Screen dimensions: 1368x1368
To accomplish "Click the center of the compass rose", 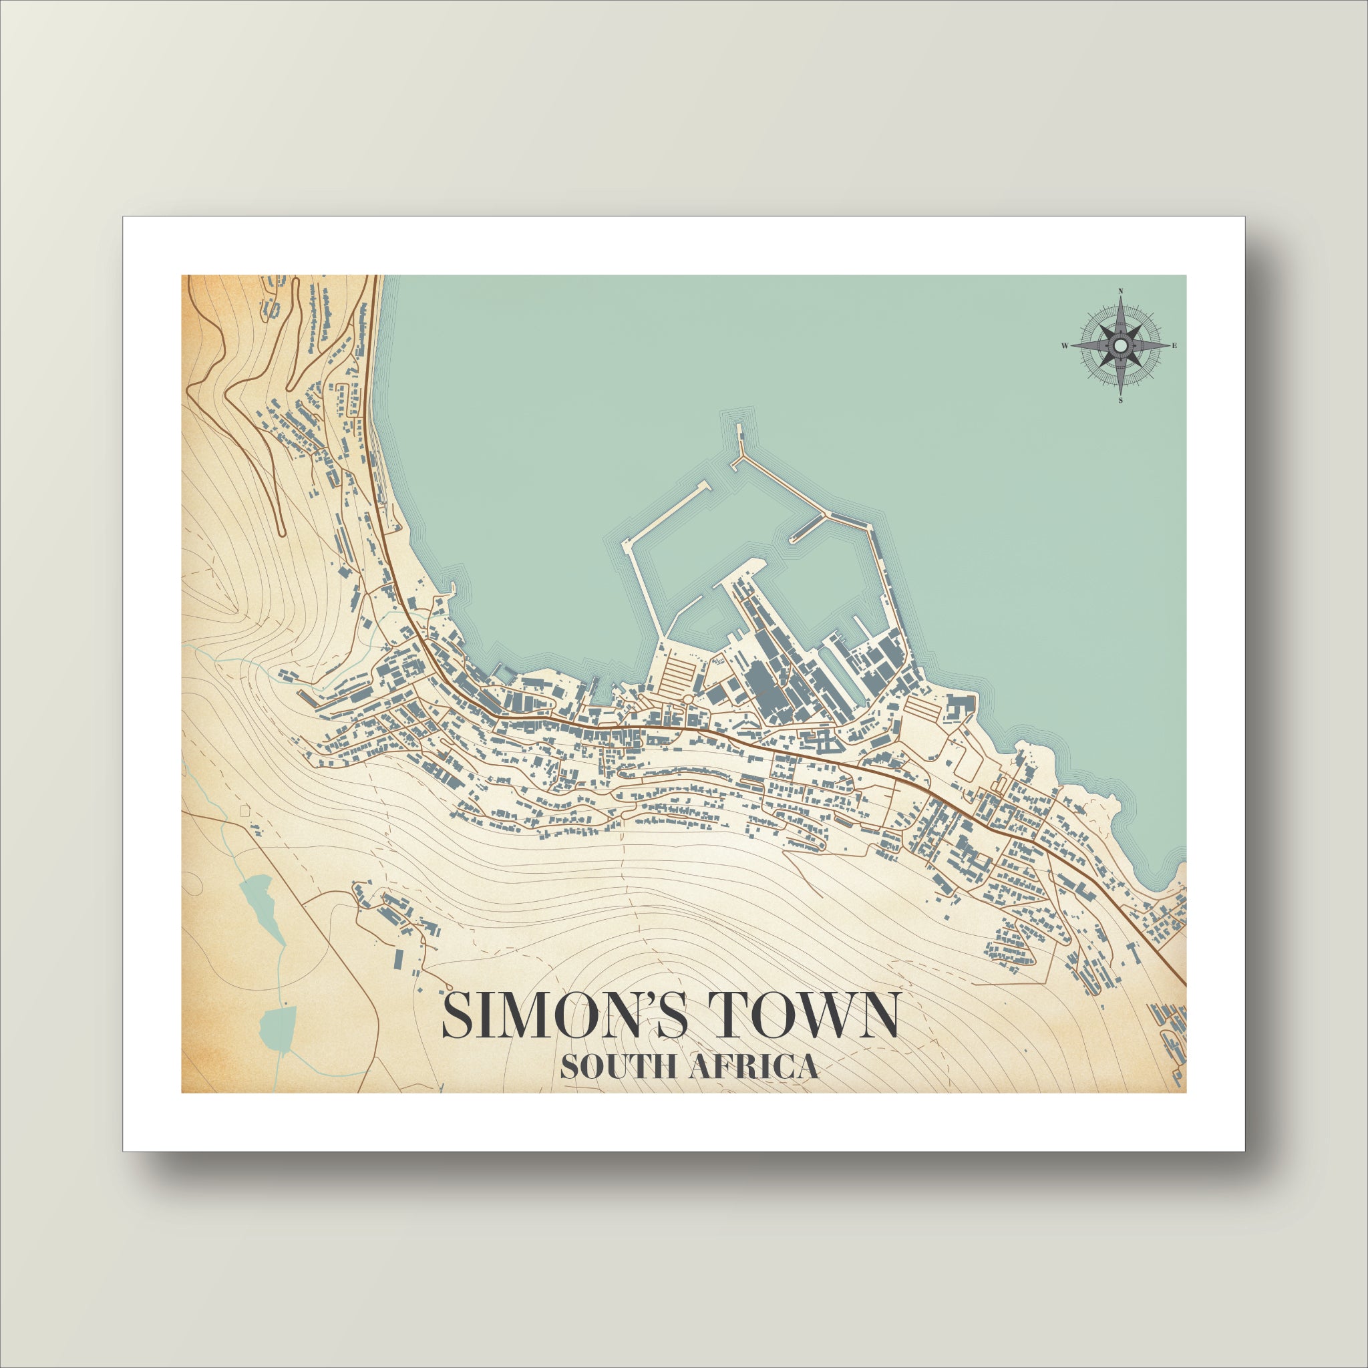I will pyautogui.click(x=1120, y=345).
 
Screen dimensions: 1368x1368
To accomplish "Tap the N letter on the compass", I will pyautogui.click(x=1120, y=291).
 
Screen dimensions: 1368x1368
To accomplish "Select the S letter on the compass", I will pyautogui.click(x=1120, y=401).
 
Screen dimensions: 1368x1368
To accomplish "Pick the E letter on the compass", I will pyautogui.click(x=1175, y=345).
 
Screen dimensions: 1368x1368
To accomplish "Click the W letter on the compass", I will pyautogui.click(x=1064, y=345).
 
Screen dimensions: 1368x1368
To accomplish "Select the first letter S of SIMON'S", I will pyautogui.click(x=457, y=1016).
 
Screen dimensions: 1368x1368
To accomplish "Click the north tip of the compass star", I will pyautogui.click(x=1120, y=300).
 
